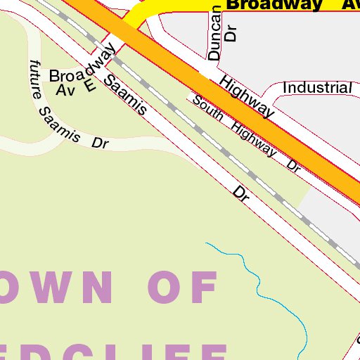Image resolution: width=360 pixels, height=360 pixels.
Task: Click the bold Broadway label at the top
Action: (x=275, y=5)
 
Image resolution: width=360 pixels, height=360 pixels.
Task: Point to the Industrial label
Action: (x=316, y=88)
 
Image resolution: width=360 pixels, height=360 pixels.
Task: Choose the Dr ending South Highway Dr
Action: (x=294, y=166)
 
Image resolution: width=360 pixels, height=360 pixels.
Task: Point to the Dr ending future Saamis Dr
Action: (x=101, y=143)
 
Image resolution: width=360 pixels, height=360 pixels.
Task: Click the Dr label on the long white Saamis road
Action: (x=242, y=194)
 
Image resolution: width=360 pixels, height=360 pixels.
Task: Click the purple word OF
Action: (x=184, y=288)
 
